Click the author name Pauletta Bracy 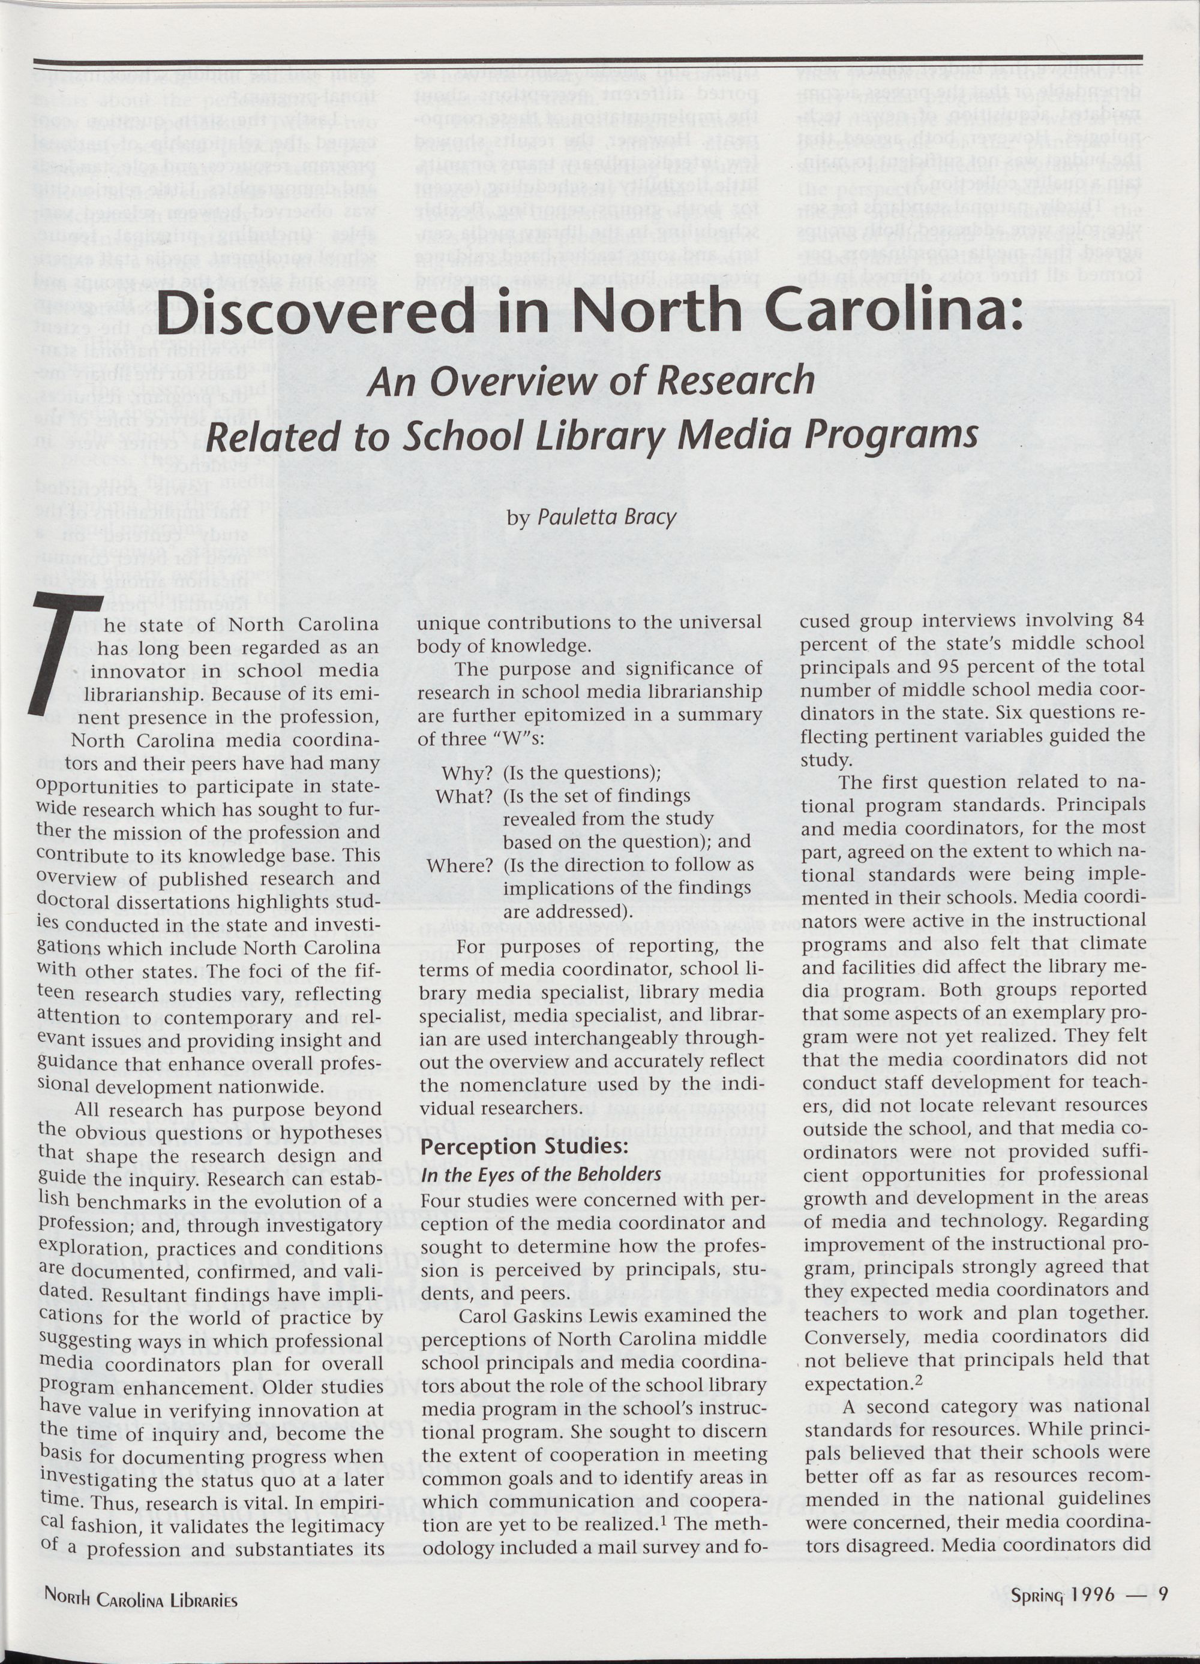tap(606, 517)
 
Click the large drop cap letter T tap(66, 653)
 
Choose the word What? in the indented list tap(464, 796)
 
